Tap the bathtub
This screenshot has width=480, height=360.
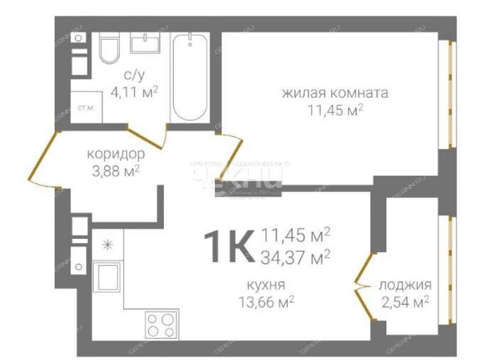tap(190, 78)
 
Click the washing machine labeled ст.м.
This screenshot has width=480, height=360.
tap(86, 108)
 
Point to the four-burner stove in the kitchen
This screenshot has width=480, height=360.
tap(161, 324)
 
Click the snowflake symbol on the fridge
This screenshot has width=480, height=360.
tap(107, 244)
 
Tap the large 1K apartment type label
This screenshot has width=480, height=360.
tap(227, 247)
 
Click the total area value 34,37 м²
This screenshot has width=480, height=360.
tap(296, 257)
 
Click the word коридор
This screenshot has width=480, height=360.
tap(115, 153)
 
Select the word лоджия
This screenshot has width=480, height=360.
tap(404, 286)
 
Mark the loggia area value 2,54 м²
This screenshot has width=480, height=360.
tap(405, 301)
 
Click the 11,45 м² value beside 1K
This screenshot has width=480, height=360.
tap(296, 236)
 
